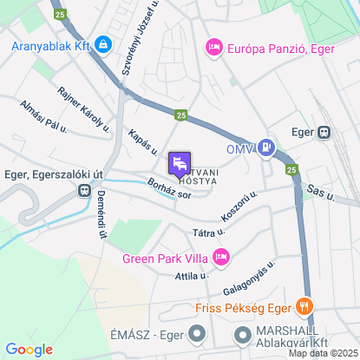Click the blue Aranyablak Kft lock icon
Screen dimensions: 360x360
[103, 43]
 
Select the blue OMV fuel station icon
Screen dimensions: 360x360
[267, 149]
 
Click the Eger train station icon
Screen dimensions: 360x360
[324, 133]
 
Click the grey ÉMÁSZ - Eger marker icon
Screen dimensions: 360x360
[197, 333]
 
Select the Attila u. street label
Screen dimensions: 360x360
[193, 275]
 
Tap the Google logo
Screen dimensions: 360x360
[29, 349]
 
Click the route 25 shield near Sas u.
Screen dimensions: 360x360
[291, 169]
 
